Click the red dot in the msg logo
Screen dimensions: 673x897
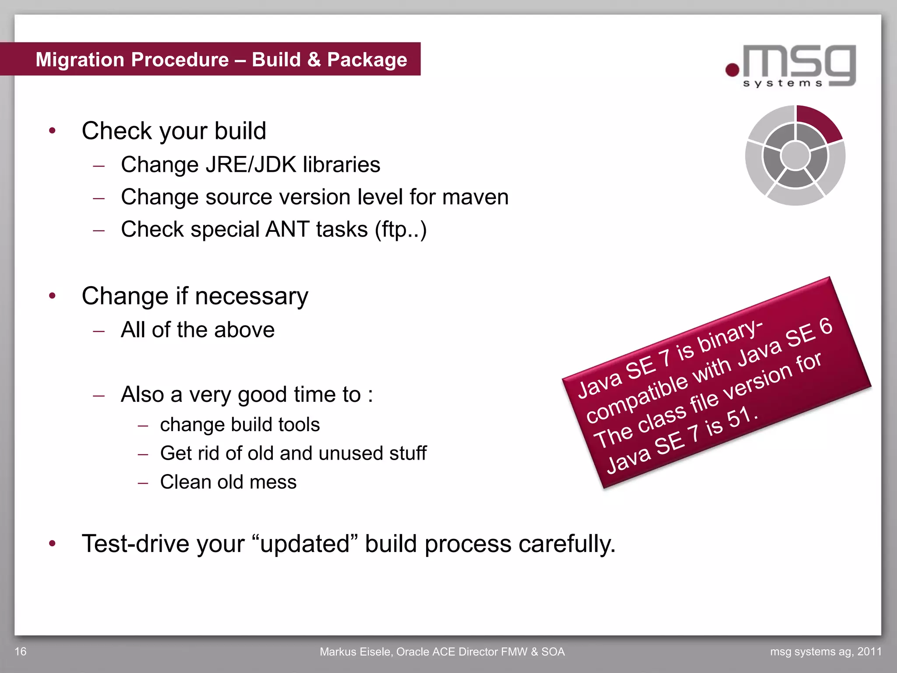732,70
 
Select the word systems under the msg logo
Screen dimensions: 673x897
783,83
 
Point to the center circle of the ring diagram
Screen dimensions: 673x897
795,155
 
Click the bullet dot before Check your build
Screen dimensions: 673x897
53,131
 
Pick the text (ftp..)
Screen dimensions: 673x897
400,229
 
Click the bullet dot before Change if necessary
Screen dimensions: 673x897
53,296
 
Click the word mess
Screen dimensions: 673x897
273,482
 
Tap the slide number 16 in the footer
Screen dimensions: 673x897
21,652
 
